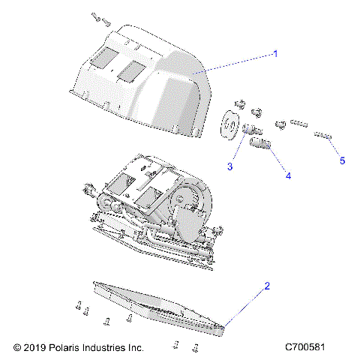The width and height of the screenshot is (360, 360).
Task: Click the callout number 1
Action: coord(275,54)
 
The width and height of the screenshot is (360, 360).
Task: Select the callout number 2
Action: coord(266,286)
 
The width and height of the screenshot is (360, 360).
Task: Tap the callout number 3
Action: coord(230,166)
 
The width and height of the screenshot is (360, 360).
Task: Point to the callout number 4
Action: coord(287,175)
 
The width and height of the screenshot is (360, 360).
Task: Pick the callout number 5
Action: coord(342,160)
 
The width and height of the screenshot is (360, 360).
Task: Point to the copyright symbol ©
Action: coord(16,348)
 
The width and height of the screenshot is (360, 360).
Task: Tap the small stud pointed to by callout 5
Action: coord(324,136)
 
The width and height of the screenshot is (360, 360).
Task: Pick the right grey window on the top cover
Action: coord(132,70)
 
